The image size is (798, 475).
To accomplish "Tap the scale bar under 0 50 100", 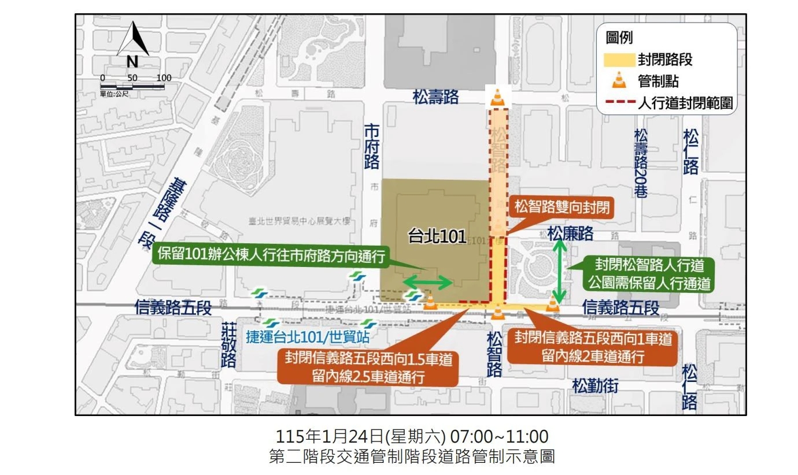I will coord(133,87).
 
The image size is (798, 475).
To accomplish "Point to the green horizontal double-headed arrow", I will coord(427,283).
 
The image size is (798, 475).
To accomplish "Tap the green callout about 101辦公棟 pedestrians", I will coord(272,257).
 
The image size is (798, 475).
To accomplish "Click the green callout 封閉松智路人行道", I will coord(649,274).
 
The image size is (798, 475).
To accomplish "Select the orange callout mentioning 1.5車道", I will coord(368,368).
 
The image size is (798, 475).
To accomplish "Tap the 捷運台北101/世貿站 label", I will coord(308,336).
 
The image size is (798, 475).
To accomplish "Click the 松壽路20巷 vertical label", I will coord(641,164).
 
